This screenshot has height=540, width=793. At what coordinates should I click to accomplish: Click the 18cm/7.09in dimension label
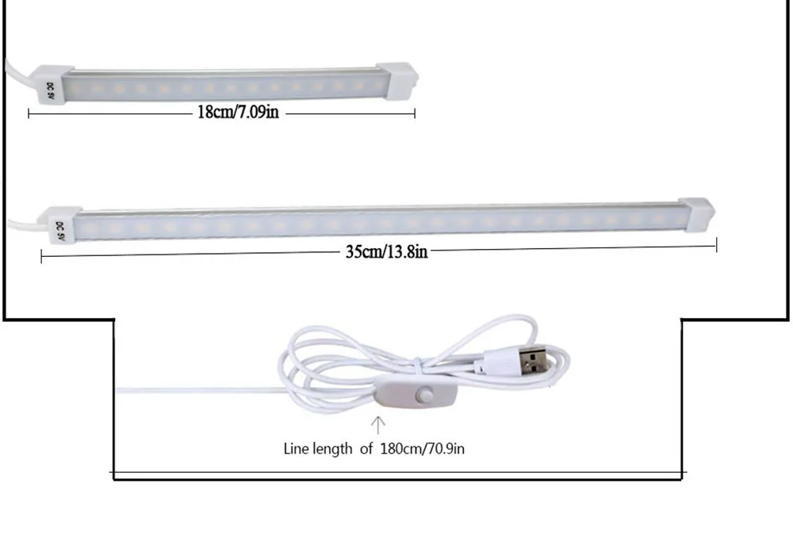click(x=238, y=111)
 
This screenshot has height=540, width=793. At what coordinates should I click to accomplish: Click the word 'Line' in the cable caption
click(x=297, y=449)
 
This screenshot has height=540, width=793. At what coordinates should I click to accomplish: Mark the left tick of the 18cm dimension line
click(x=29, y=114)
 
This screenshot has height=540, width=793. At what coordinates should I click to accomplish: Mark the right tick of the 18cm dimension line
click(x=415, y=113)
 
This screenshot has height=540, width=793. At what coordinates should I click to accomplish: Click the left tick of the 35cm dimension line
click(x=41, y=256)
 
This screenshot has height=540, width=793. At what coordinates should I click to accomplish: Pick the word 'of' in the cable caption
click(x=366, y=449)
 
